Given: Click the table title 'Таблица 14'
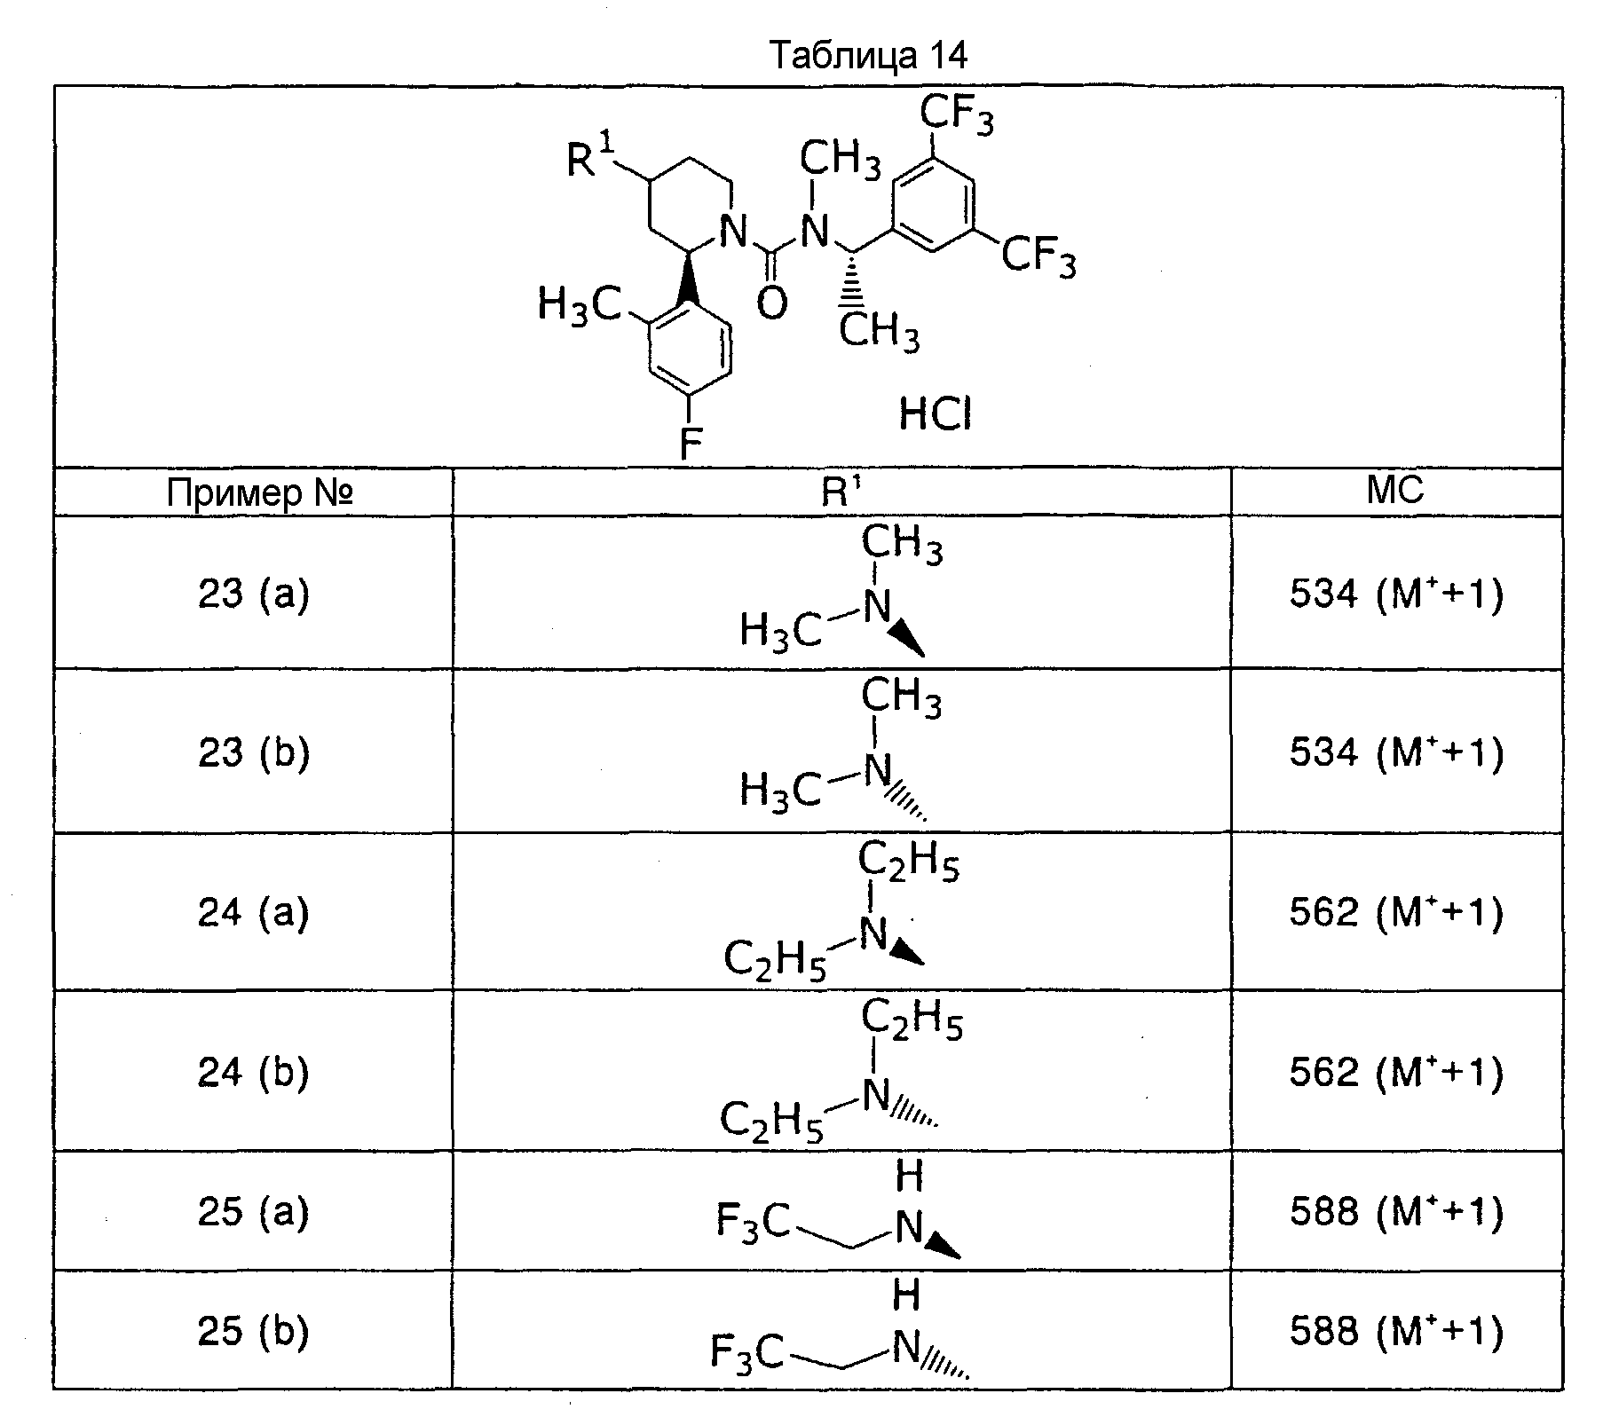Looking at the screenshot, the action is pos(869,56).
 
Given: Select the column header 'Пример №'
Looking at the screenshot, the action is pos(260,492).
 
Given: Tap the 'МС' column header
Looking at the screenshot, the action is pos(1396,490).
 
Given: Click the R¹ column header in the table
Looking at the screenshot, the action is pos(841,491).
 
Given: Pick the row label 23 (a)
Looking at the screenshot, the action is pos(253,594).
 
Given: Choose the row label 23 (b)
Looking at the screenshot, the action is pos(253,752).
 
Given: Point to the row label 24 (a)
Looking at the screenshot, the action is pos(253,911).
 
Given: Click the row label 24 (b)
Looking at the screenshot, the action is pos(253,1072).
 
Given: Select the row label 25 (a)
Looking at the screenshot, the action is pos(253,1211).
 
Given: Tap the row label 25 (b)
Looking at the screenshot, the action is pos(253,1331).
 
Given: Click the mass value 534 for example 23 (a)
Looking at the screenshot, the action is pos(1323,594).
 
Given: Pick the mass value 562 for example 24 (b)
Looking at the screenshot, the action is pos(1323,1072).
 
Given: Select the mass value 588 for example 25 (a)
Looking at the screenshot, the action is pos(1323,1211).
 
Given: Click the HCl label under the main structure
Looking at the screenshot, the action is pos(936,413).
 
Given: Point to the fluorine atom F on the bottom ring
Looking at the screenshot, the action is pos(691,444).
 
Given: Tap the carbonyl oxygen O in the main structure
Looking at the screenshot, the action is pos(772,303).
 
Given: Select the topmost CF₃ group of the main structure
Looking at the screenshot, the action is pos(956,114).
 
